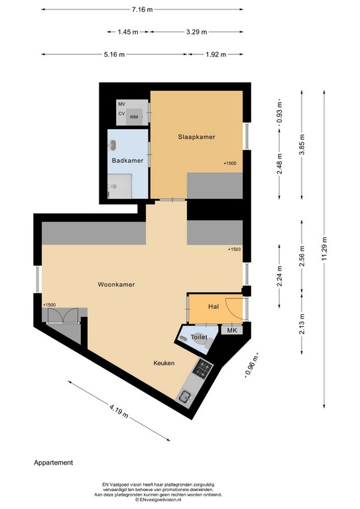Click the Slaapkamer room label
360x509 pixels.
pyautogui.click(x=196, y=137)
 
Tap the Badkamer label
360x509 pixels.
pyautogui.click(x=127, y=160)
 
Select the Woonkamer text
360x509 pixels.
pyautogui.click(x=116, y=284)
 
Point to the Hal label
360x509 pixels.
pyautogui.click(x=213, y=306)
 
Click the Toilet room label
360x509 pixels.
pyautogui.click(x=199, y=337)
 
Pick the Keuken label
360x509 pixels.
pyautogui.click(x=164, y=363)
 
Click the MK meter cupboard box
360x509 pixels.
pyautogui.click(x=232, y=330)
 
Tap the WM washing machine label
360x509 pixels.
pyautogui.click(x=134, y=117)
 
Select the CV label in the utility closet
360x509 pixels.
pyautogui.click(x=122, y=113)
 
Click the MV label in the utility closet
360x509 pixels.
pyautogui.click(x=122, y=104)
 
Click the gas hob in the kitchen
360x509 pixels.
pyautogui.click(x=203, y=368)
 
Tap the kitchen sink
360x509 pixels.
pyautogui.click(x=186, y=397)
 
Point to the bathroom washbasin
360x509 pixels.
pyautogui.click(x=113, y=145)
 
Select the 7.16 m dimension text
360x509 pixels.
pyautogui.click(x=142, y=9)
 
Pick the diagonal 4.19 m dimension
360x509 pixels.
pyautogui.click(x=119, y=411)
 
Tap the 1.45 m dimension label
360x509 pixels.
pyautogui.click(x=128, y=32)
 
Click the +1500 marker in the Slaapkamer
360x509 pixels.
pyautogui.click(x=230, y=163)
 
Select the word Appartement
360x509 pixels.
pyautogui.click(x=54, y=463)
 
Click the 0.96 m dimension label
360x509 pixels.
pyautogui.click(x=251, y=366)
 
